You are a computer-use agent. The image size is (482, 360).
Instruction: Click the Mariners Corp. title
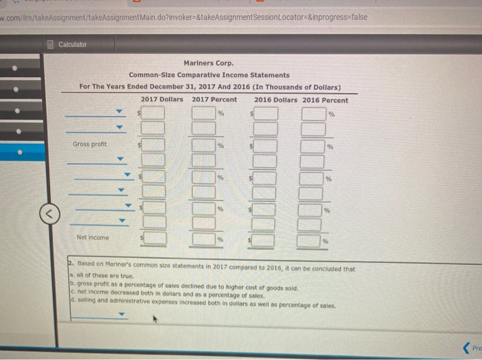209,63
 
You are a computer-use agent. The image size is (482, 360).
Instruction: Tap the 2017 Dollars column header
162,100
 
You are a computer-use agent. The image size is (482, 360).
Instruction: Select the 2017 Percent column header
214,100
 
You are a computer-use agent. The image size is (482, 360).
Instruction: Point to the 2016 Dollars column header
277,100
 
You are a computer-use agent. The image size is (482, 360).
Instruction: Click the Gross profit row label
90,144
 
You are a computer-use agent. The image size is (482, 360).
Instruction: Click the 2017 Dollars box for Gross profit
154,145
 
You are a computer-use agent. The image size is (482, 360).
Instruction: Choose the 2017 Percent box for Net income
205,239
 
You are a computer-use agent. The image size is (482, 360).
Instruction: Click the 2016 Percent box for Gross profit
313,145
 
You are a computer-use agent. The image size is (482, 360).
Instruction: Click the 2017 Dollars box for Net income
154,239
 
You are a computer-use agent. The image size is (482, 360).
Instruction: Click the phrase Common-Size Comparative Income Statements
209,74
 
